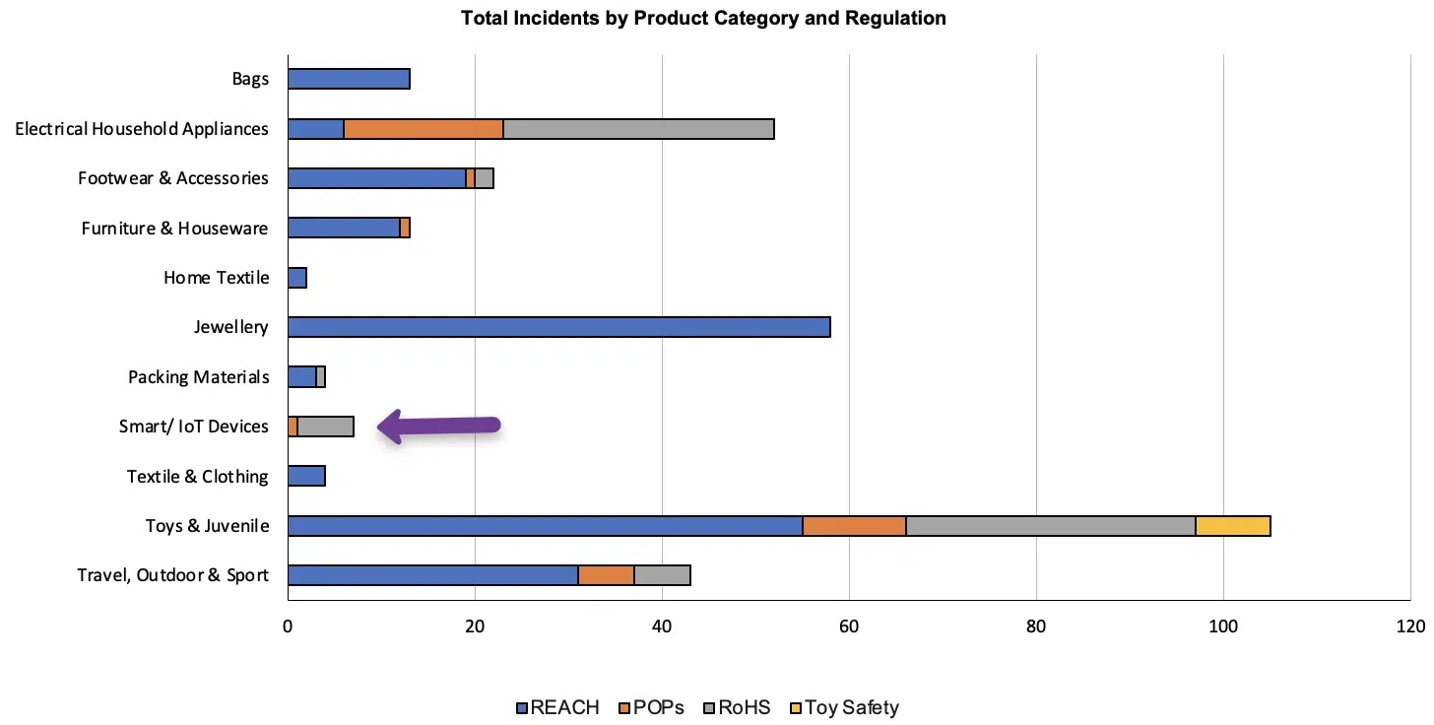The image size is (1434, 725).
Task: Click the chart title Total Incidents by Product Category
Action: pos(703,18)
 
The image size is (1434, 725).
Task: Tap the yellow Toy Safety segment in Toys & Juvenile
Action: pos(1232,526)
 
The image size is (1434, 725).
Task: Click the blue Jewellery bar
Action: pos(558,327)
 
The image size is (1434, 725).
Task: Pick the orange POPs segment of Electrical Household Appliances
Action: pos(424,129)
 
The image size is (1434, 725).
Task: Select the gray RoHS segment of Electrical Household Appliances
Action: pos(638,129)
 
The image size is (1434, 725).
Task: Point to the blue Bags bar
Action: pos(349,79)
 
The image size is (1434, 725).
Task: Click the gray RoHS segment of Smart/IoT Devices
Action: pos(325,427)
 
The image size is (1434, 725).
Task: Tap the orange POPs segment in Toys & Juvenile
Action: pos(854,526)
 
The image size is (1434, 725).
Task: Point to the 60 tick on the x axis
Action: pos(849,626)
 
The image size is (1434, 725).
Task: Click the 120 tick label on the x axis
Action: pos(1410,626)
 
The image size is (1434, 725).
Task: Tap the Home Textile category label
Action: pos(216,278)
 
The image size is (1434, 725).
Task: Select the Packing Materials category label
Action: pos(198,377)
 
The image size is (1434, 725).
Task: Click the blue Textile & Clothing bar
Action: pos(306,477)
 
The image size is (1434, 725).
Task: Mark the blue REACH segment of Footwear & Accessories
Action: pos(376,178)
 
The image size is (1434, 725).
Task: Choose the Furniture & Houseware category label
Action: pos(174,229)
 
